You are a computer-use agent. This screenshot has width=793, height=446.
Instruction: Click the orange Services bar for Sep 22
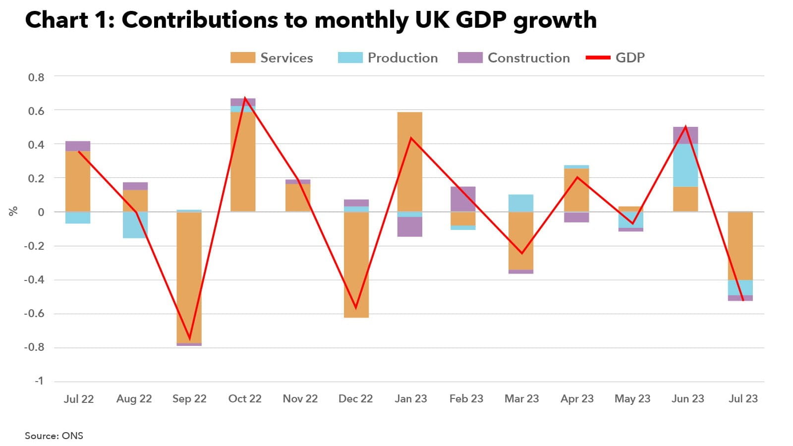click(x=189, y=278)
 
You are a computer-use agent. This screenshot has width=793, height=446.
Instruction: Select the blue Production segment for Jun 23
click(x=685, y=165)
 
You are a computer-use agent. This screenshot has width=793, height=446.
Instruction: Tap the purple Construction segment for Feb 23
click(x=463, y=199)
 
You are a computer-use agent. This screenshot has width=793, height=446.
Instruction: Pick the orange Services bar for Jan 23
click(x=410, y=162)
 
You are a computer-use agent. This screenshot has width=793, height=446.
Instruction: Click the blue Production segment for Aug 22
click(x=135, y=224)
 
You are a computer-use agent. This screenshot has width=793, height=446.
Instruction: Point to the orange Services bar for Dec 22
click(x=356, y=265)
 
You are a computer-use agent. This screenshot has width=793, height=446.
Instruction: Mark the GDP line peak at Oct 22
click(x=245, y=98)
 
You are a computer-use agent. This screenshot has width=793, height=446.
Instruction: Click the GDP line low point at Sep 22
click(x=189, y=339)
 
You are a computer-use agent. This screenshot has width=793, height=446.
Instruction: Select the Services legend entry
click(x=272, y=58)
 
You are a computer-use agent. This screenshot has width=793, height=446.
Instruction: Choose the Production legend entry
click(x=388, y=58)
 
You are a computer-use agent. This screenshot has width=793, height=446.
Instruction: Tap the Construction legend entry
click(x=514, y=58)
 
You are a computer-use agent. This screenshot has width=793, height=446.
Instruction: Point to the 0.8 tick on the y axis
click(x=36, y=77)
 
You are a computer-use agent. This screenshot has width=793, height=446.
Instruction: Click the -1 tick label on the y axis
click(x=39, y=381)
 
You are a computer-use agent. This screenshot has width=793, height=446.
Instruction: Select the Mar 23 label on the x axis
click(x=521, y=399)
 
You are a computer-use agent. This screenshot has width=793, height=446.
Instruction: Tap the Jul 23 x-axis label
click(x=743, y=399)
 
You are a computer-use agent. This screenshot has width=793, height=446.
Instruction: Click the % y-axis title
click(x=13, y=211)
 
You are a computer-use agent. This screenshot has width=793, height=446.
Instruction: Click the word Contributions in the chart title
click(x=199, y=20)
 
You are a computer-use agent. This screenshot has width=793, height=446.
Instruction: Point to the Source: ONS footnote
click(x=54, y=436)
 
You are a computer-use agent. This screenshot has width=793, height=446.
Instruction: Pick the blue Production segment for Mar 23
click(x=521, y=203)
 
